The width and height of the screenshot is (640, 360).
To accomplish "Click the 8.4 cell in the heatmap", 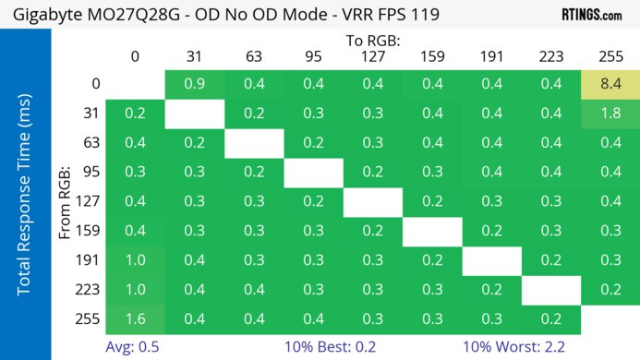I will pos(610,84).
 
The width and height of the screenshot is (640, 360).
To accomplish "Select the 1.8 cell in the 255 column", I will pos(610,114).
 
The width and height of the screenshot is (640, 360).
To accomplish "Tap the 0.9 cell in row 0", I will pos(194,84).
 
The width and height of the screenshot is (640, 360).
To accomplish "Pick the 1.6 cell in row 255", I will pos(135,319).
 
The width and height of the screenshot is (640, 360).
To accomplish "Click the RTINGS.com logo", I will pos(591,15).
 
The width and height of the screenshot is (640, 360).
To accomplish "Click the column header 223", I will pos(551,56).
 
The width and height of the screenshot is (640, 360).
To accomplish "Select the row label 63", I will pos(91,143).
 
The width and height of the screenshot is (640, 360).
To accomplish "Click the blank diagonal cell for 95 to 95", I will pos(313,173).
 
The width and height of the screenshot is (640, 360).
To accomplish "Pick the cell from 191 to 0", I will pos(135,260).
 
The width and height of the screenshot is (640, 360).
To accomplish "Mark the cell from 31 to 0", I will pos(135,114).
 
